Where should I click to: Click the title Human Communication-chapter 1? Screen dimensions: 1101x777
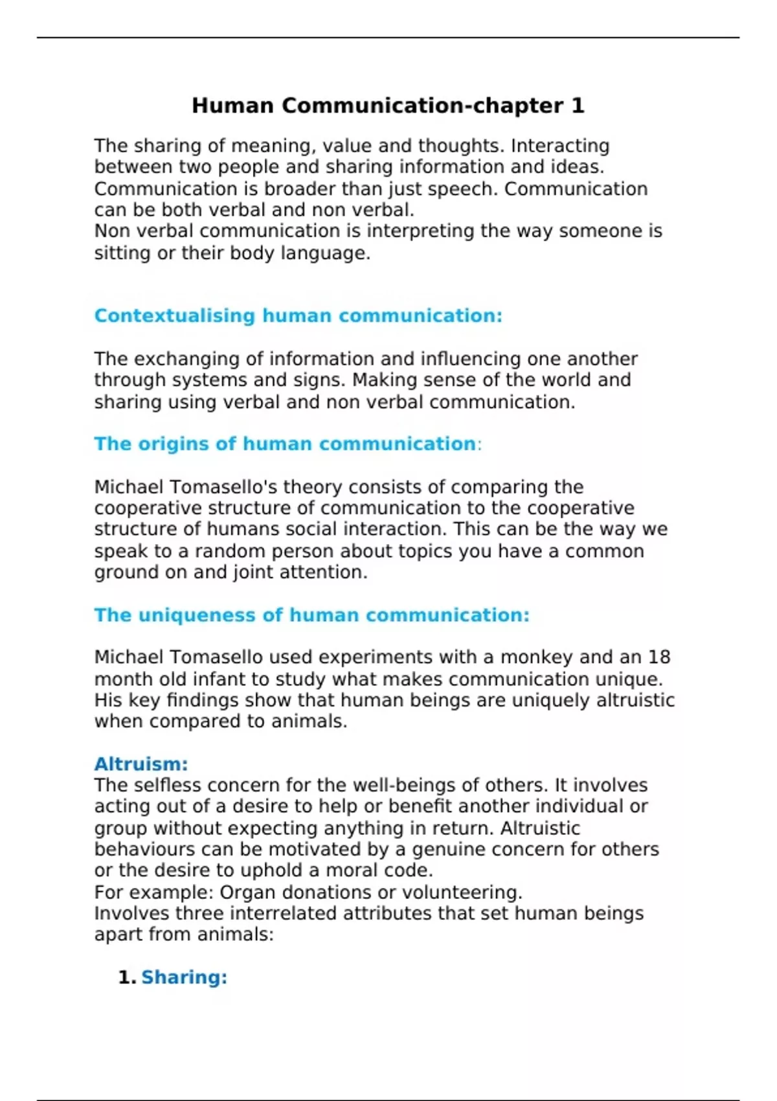[x=388, y=106]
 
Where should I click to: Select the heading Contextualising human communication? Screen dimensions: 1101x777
[x=298, y=316]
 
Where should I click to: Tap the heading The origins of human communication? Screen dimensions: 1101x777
[x=285, y=444]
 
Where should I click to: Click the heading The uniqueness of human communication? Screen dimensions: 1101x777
[x=311, y=615]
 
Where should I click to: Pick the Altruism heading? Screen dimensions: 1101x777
[x=141, y=764]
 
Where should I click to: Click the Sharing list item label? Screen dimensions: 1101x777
[x=184, y=977]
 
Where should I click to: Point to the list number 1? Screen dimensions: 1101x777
[x=126, y=977]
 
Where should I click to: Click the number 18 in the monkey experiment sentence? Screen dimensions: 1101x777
[x=659, y=657]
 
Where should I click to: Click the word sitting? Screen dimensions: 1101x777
[x=123, y=253]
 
